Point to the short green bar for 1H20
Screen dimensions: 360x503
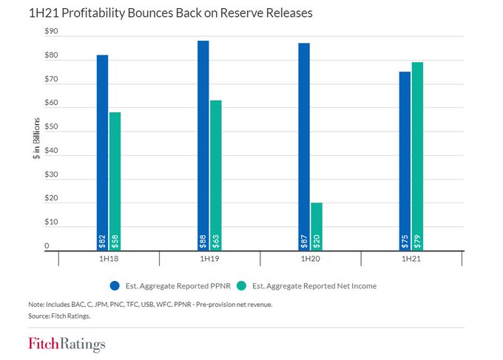317,225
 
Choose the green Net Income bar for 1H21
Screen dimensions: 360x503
417,155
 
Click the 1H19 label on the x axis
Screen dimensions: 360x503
209,259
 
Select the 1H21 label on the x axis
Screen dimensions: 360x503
411,259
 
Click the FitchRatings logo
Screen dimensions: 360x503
67,344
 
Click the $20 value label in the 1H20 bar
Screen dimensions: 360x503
317,242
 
